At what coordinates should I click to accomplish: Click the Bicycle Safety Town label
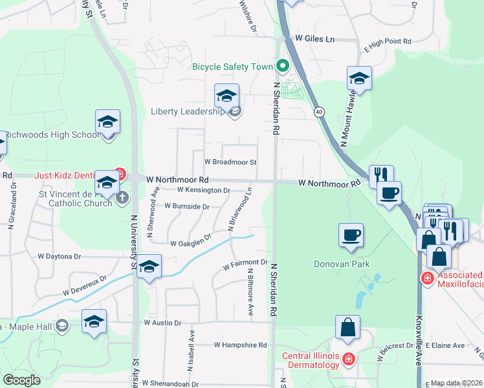point(233,67)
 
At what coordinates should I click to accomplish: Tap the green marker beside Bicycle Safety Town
point(282,66)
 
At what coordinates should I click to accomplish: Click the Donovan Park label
point(341,264)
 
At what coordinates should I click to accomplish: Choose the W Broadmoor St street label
point(230,162)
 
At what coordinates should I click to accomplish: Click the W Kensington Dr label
point(204,190)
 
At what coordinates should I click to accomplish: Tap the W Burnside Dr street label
point(187,206)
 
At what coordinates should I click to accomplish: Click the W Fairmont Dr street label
point(245,264)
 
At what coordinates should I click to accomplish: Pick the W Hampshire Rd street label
point(241,345)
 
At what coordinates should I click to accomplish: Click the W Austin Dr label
point(164,322)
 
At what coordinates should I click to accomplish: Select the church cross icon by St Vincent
point(123,198)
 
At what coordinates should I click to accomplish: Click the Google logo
point(21,380)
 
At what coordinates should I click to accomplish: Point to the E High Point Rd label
point(388,41)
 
